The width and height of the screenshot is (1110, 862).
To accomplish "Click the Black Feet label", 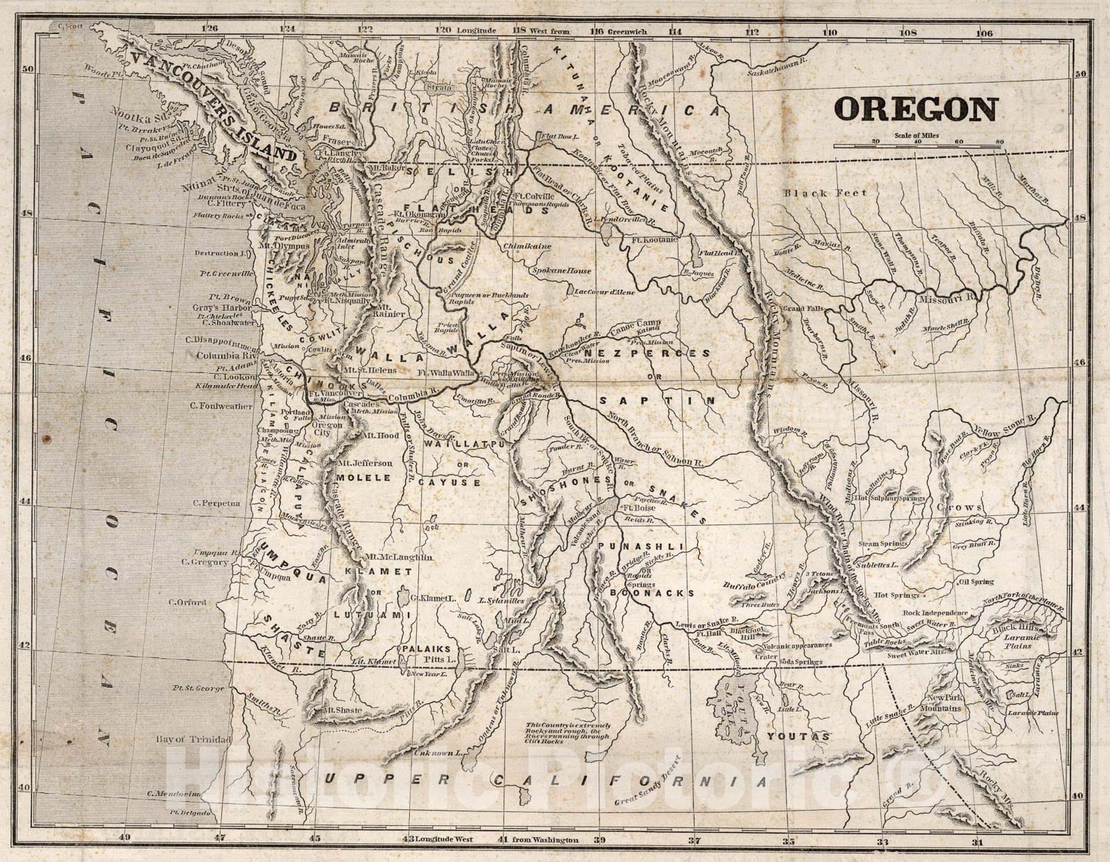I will point(826,193).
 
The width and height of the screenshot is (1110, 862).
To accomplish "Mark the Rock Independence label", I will point(935,613).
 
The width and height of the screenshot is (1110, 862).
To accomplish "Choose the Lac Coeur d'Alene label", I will point(602,291).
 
